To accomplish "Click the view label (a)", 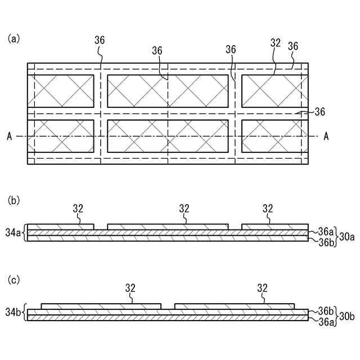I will coord(14,39).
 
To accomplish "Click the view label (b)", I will coord(14,200).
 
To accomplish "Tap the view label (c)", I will coord(14,279).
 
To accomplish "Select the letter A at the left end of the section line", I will coord(10,136).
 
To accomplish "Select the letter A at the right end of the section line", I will coord(326,136).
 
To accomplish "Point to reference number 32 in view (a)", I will coord(275,43).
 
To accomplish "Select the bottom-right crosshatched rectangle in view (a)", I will coord(275,136).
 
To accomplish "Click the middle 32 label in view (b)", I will coord(184,208).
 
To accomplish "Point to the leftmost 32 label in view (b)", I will coord(78,208).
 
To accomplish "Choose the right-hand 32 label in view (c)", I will coord(262,288).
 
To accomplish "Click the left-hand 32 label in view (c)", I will coord(130,288).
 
